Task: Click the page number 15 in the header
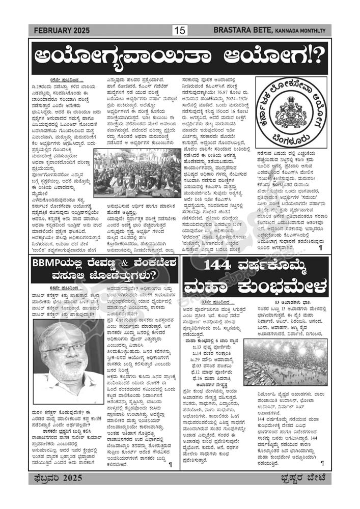coord(179,31)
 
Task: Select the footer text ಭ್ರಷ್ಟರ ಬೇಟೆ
coord(303,477)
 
